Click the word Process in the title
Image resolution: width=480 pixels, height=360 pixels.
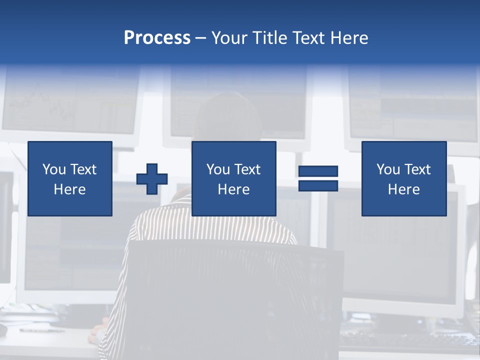pos(157,38)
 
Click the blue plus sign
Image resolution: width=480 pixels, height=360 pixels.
pos(152,178)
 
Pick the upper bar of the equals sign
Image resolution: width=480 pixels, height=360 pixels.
pos(318,171)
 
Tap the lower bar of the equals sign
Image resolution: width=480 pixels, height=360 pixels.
pos(318,185)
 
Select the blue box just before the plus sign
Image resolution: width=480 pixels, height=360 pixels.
pos(70,178)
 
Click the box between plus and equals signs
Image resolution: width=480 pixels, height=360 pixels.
pos(233,178)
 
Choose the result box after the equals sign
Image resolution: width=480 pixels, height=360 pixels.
pos(404,178)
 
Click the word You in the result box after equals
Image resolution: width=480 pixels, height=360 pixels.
pos(388,169)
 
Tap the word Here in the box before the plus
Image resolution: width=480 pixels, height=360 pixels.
pos(70,189)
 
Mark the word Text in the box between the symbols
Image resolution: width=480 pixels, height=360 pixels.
pos(247,169)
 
